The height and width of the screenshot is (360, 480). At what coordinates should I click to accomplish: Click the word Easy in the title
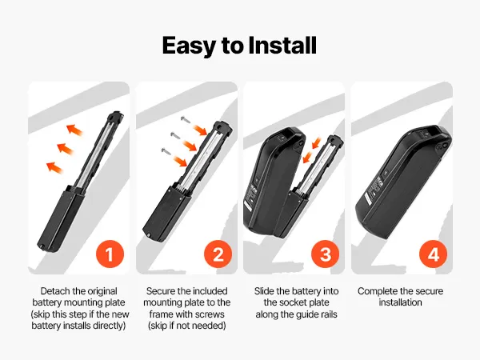[189, 46]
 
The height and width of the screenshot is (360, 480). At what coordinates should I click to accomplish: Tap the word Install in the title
[282, 46]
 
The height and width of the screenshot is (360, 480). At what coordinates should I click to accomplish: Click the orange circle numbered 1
[110, 254]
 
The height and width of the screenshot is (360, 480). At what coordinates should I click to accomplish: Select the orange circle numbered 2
[218, 254]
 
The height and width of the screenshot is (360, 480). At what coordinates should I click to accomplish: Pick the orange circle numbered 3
[325, 254]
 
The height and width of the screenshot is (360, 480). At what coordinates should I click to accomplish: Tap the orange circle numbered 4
[433, 254]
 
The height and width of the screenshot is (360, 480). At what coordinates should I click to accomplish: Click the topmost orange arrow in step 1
[74, 130]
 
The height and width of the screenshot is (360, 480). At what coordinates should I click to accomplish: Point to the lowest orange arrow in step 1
[54, 168]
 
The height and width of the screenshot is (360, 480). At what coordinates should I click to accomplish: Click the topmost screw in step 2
[186, 120]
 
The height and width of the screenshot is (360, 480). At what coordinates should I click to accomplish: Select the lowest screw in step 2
[166, 151]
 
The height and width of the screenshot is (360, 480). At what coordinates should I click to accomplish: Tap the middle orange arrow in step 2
[190, 145]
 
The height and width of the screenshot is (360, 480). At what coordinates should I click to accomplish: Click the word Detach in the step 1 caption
[54, 291]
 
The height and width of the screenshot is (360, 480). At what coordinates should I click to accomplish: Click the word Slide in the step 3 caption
[264, 291]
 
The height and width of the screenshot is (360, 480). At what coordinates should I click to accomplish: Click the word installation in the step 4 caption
[401, 302]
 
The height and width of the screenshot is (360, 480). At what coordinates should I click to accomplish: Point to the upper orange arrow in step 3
[316, 142]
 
